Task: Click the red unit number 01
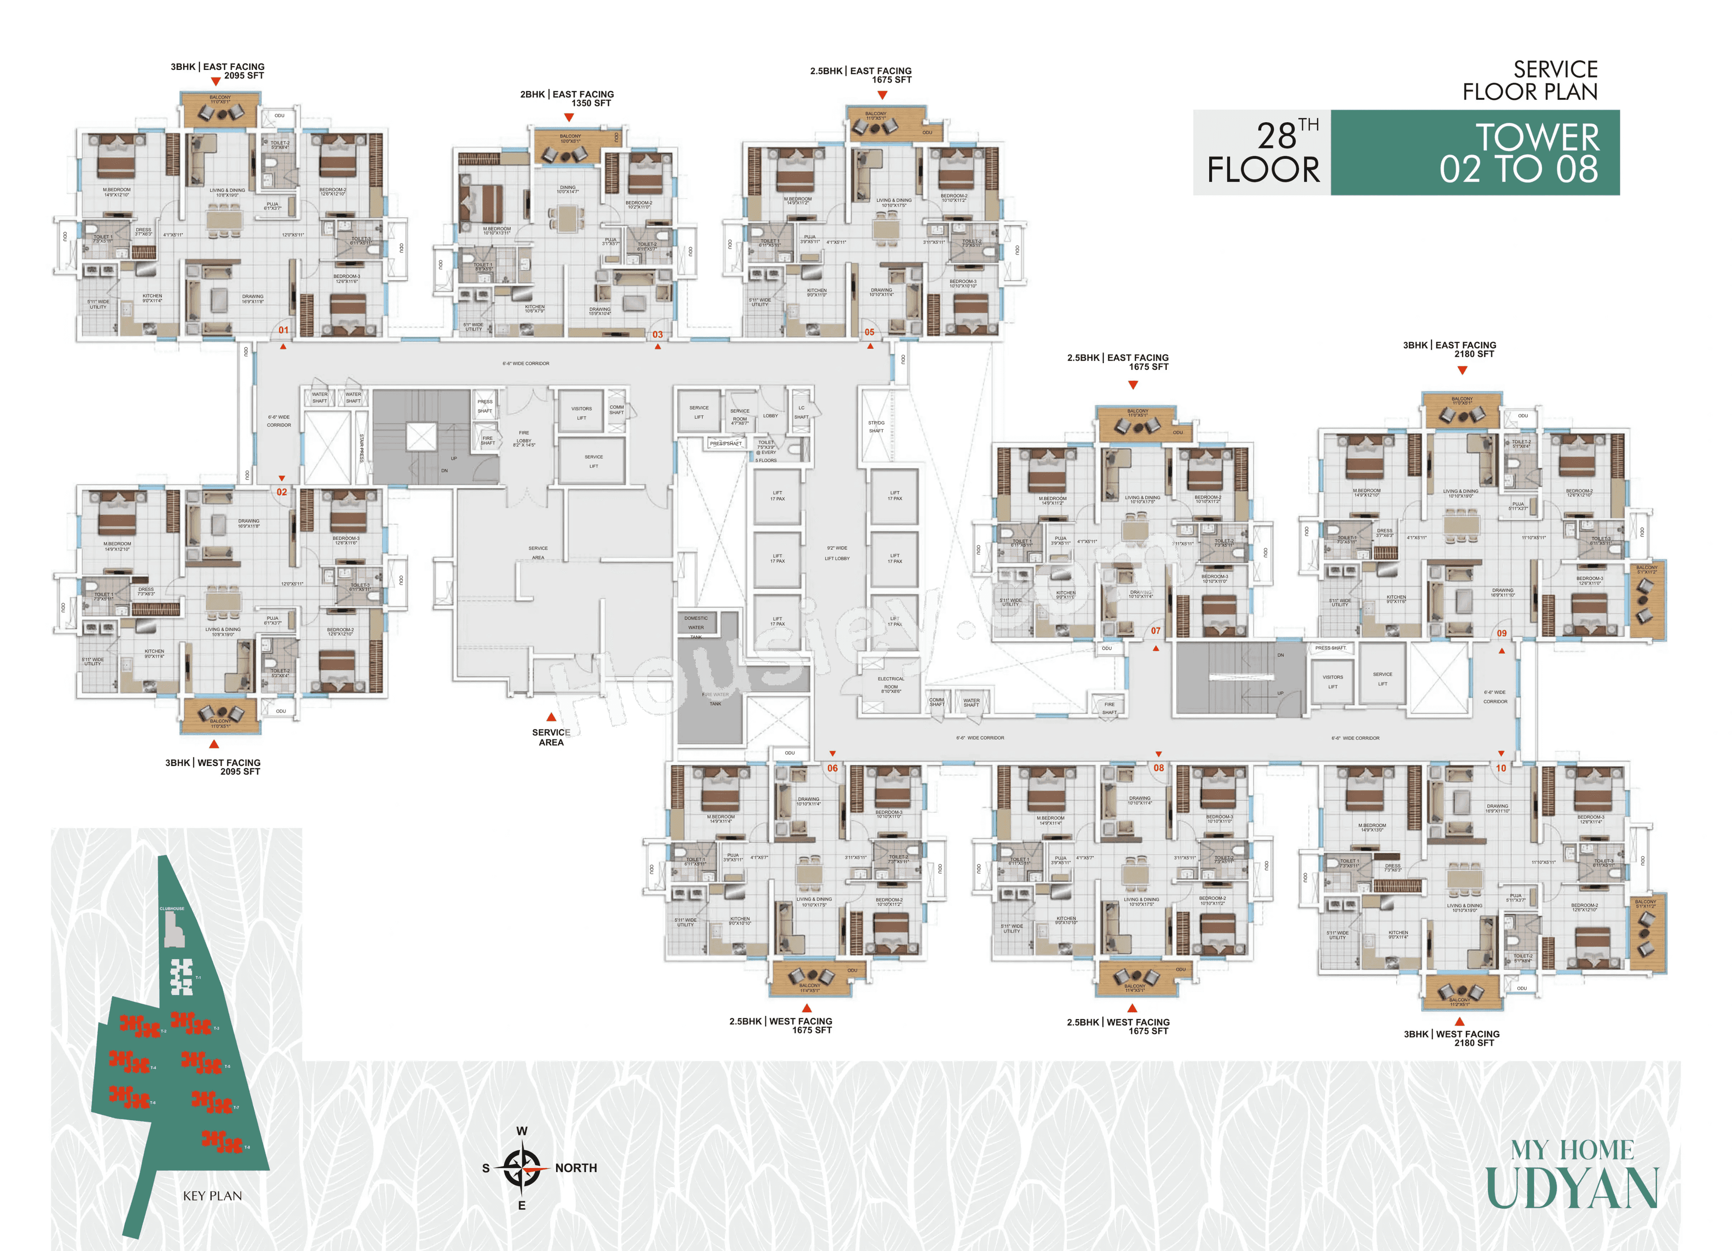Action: tap(283, 330)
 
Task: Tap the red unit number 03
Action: tap(658, 334)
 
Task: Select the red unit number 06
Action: tap(833, 768)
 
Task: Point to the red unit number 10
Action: tap(1501, 768)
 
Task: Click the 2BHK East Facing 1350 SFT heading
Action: tap(567, 98)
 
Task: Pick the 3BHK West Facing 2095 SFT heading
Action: tap(213, 767)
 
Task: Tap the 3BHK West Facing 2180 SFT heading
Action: tap(1452, 1038)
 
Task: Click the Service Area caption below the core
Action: tap(551, 737)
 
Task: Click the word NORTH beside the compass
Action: tap(576, 1168)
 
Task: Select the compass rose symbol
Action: tap(522, 1168)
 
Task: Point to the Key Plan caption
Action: tap(212, 1196)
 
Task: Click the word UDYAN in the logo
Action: tap(1571, 1188)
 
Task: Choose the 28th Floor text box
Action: tap(1262, 153)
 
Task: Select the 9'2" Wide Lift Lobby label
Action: tap(837, 553)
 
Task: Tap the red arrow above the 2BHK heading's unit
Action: tap(569, 118)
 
